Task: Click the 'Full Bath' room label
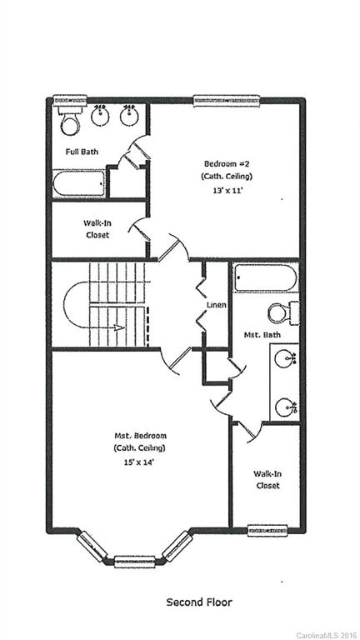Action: click(83, 152)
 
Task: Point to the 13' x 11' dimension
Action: click(227, 190)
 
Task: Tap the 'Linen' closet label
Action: click(217, 305)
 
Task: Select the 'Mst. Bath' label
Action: click(262, 335)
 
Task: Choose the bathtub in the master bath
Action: click(265, 277)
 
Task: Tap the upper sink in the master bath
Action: click(287, 361)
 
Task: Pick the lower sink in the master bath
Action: click(287, 407)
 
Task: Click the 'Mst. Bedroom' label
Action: click(140, 436)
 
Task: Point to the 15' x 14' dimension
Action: click(140, 461)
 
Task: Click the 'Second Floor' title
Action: click(199, 602)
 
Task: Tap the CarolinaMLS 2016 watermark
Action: click(327, 634)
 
